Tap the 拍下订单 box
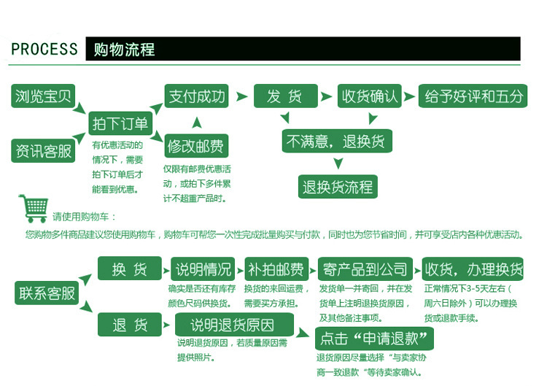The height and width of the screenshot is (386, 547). (119, 123)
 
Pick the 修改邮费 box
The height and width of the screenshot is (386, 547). (196, 146)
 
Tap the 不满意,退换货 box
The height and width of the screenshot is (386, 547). (337, 140)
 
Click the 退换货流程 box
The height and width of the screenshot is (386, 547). (338, 187)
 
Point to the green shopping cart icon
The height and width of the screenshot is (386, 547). (34, 209)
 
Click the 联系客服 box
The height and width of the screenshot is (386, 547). (47, 293)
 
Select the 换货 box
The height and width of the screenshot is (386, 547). (130, 269)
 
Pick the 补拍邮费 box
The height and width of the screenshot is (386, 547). (277, 269)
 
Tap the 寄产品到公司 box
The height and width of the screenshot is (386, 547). (365, 269)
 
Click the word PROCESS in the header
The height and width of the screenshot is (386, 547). (44, 50)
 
